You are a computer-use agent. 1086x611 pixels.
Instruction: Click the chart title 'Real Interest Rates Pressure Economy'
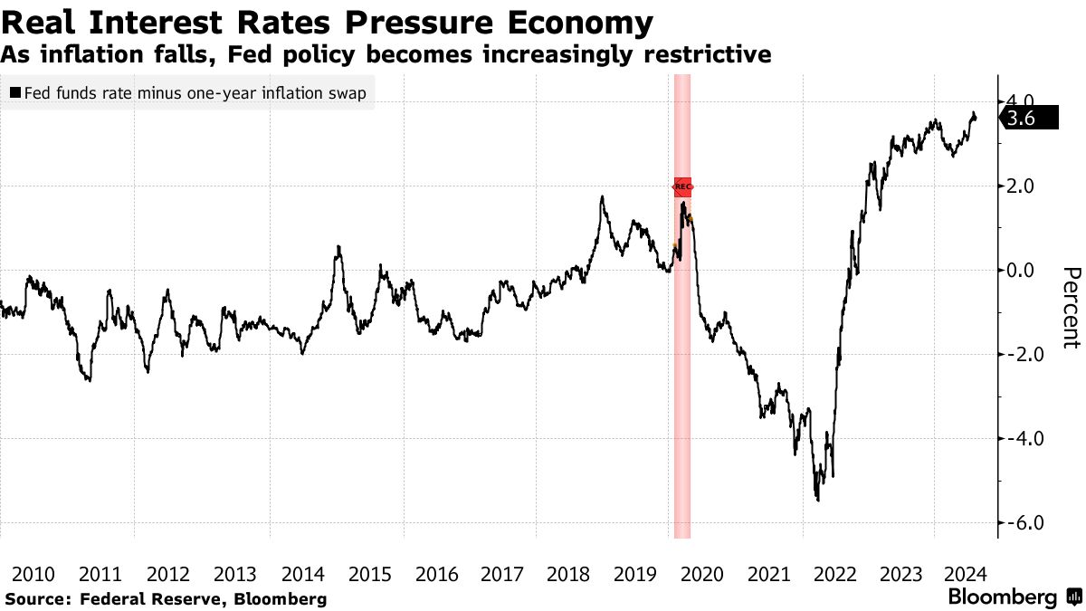click(x=327, y=22)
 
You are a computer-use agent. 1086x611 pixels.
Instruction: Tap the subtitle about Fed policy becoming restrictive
click(x=386, y=55)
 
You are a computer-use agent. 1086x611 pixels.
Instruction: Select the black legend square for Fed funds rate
click(x=14, y=93)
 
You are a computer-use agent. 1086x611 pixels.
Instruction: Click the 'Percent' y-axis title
click(x=1072, y=308)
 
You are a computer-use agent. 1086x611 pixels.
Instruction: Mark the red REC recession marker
click(x=682, y=186)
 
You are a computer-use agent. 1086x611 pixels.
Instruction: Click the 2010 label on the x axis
click(x=33, y=574)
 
